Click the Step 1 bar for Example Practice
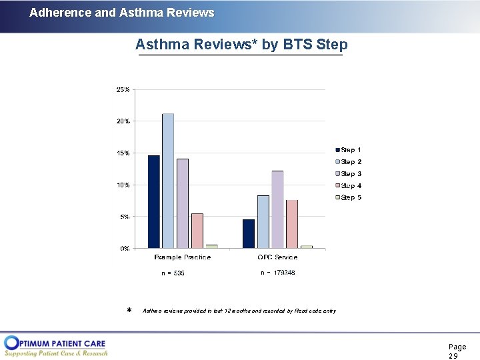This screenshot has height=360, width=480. pos(154,202)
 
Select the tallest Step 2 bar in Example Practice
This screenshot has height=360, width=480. pos(168,181)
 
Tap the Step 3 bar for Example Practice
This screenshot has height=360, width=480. pos(183,203)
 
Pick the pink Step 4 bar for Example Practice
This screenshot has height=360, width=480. pos(197,231)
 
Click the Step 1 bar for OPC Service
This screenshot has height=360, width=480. pos(249,233)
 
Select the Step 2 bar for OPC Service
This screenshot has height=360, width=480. pos(263,221)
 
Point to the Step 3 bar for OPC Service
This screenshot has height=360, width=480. pos(277,209)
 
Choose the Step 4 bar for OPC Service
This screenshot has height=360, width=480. pos(292,224)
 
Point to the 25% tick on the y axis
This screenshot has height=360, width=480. pos(123,89)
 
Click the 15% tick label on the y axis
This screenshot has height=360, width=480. pos(123,153)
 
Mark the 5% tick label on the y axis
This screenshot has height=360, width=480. pos(125,217)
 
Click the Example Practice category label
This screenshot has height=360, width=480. pos(182,257)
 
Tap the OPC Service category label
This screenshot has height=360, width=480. pos(277,257)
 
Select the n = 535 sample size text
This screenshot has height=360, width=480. pos(173,273)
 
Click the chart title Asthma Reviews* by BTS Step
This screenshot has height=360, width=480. pos(241,45)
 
